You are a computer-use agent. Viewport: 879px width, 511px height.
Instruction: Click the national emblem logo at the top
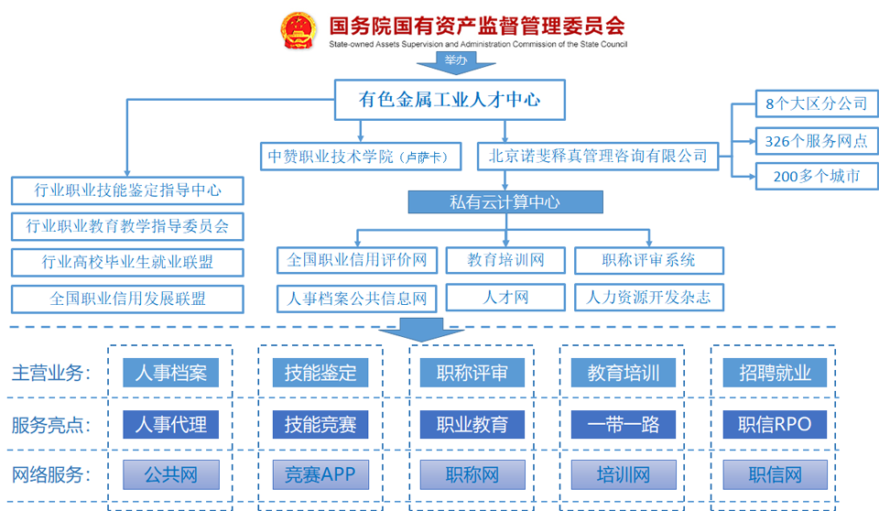(x=295, y=30)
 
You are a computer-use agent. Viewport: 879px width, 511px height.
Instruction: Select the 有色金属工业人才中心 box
(x=449, y=100)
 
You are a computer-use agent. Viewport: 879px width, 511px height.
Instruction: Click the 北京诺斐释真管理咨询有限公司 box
(x=598, y=156)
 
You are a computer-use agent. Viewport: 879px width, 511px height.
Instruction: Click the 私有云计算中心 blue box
(x=505, y=201)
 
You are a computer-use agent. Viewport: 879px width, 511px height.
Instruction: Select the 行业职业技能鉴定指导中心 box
(x=127, y=190)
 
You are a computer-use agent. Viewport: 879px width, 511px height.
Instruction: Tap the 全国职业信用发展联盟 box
(x=127, y=299)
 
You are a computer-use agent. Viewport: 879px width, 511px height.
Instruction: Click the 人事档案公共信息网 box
(x=357, y=298)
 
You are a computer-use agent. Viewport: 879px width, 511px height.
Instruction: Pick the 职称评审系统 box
(x=648, y=260)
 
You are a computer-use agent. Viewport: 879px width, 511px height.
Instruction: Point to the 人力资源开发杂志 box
(x=648, y=298)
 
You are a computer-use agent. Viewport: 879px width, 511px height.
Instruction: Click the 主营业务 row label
(x=51, y=373)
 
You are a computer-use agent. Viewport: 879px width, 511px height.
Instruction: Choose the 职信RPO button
(x=774, y=424)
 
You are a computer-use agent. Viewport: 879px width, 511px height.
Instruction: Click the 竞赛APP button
(x=320, y=474)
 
